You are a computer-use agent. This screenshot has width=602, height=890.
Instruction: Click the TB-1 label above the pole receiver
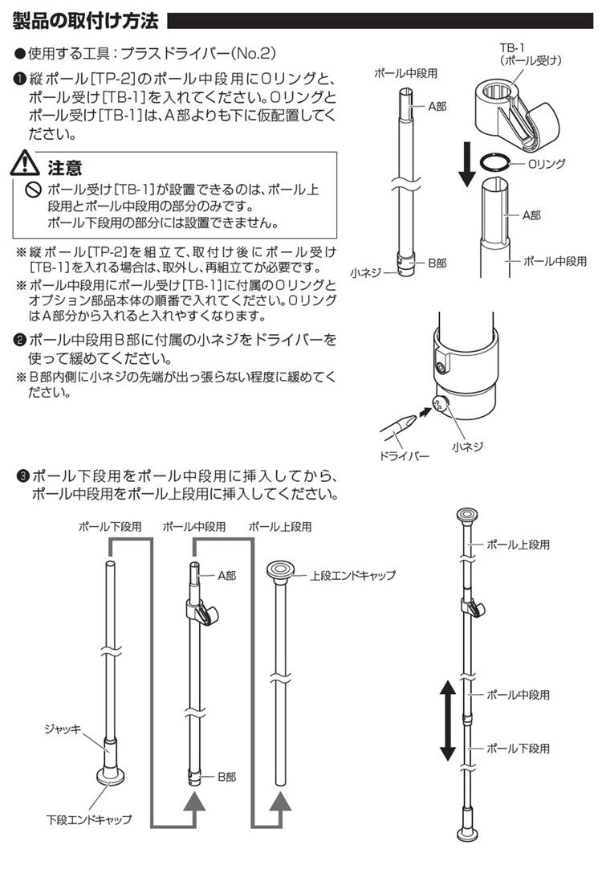pyautogui.click(x=503, y=48)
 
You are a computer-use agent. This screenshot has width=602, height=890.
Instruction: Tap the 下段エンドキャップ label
pyautogui.click(x=88, y=820)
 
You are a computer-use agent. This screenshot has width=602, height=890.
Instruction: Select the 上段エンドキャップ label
pyautogui.click(x=353, y=576)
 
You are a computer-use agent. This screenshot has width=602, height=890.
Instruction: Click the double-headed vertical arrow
pyautogui.click(x=447, y=720)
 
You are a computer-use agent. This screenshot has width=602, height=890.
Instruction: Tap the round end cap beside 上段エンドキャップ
pyautogui.click(x=280, y=571)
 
